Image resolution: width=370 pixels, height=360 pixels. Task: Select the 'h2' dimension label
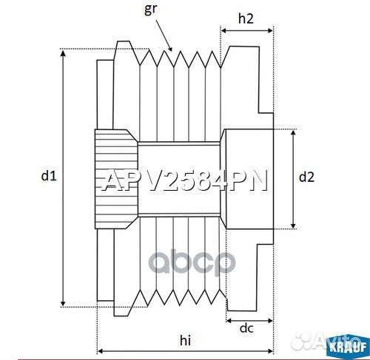tap(247, 18)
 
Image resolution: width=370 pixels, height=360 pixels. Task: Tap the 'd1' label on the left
tap(48, 176)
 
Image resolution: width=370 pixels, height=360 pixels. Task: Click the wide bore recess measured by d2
tap(248, 178)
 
